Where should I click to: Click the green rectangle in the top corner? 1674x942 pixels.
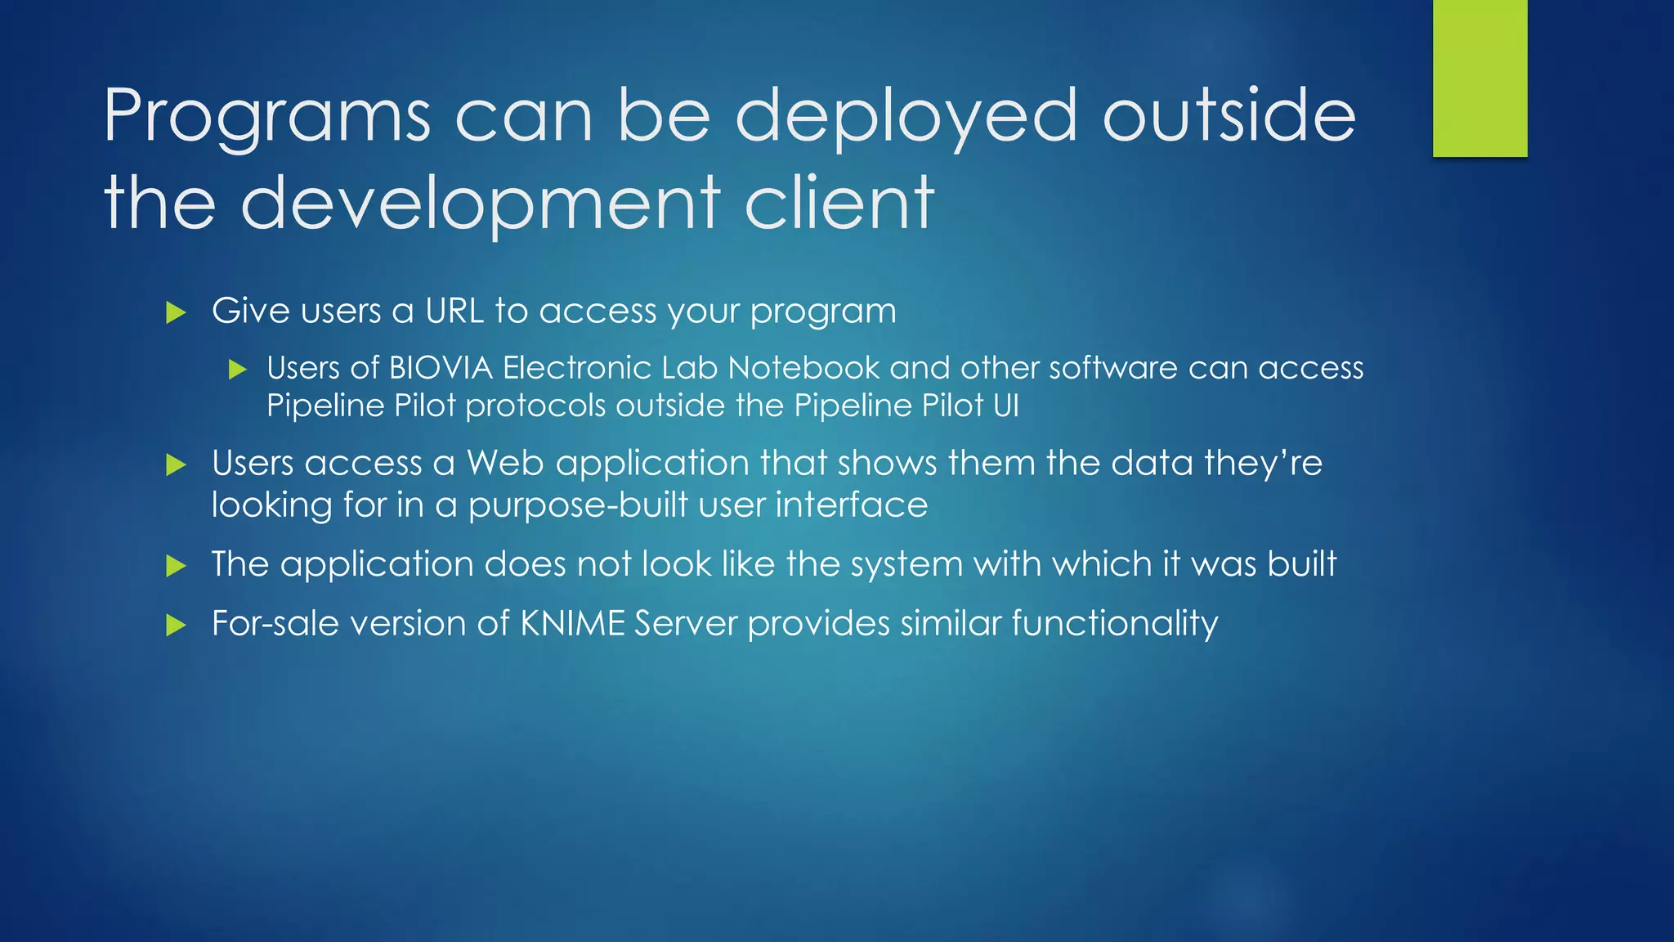tap(1479, 78)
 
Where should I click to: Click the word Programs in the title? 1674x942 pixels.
tap(266, 116)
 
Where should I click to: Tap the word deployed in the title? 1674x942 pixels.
tap(906, 116)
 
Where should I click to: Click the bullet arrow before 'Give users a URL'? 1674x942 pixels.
tap(176, 312)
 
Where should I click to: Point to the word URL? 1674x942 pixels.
tap(454, 311)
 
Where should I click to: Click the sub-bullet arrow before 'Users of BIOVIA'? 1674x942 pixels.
tap(237, 370)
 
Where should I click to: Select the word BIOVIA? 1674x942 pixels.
tap(441, 368)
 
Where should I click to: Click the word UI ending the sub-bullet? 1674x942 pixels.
tap(1006, 406)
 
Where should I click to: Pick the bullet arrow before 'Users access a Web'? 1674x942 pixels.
tap(176, 465)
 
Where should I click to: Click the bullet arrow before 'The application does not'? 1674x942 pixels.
tap(176, 566)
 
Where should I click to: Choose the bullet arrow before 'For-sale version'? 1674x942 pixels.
tap(176, 626)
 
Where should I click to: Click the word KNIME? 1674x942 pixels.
tap(572, 623)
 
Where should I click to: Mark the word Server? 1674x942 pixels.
tap(686, 623)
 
